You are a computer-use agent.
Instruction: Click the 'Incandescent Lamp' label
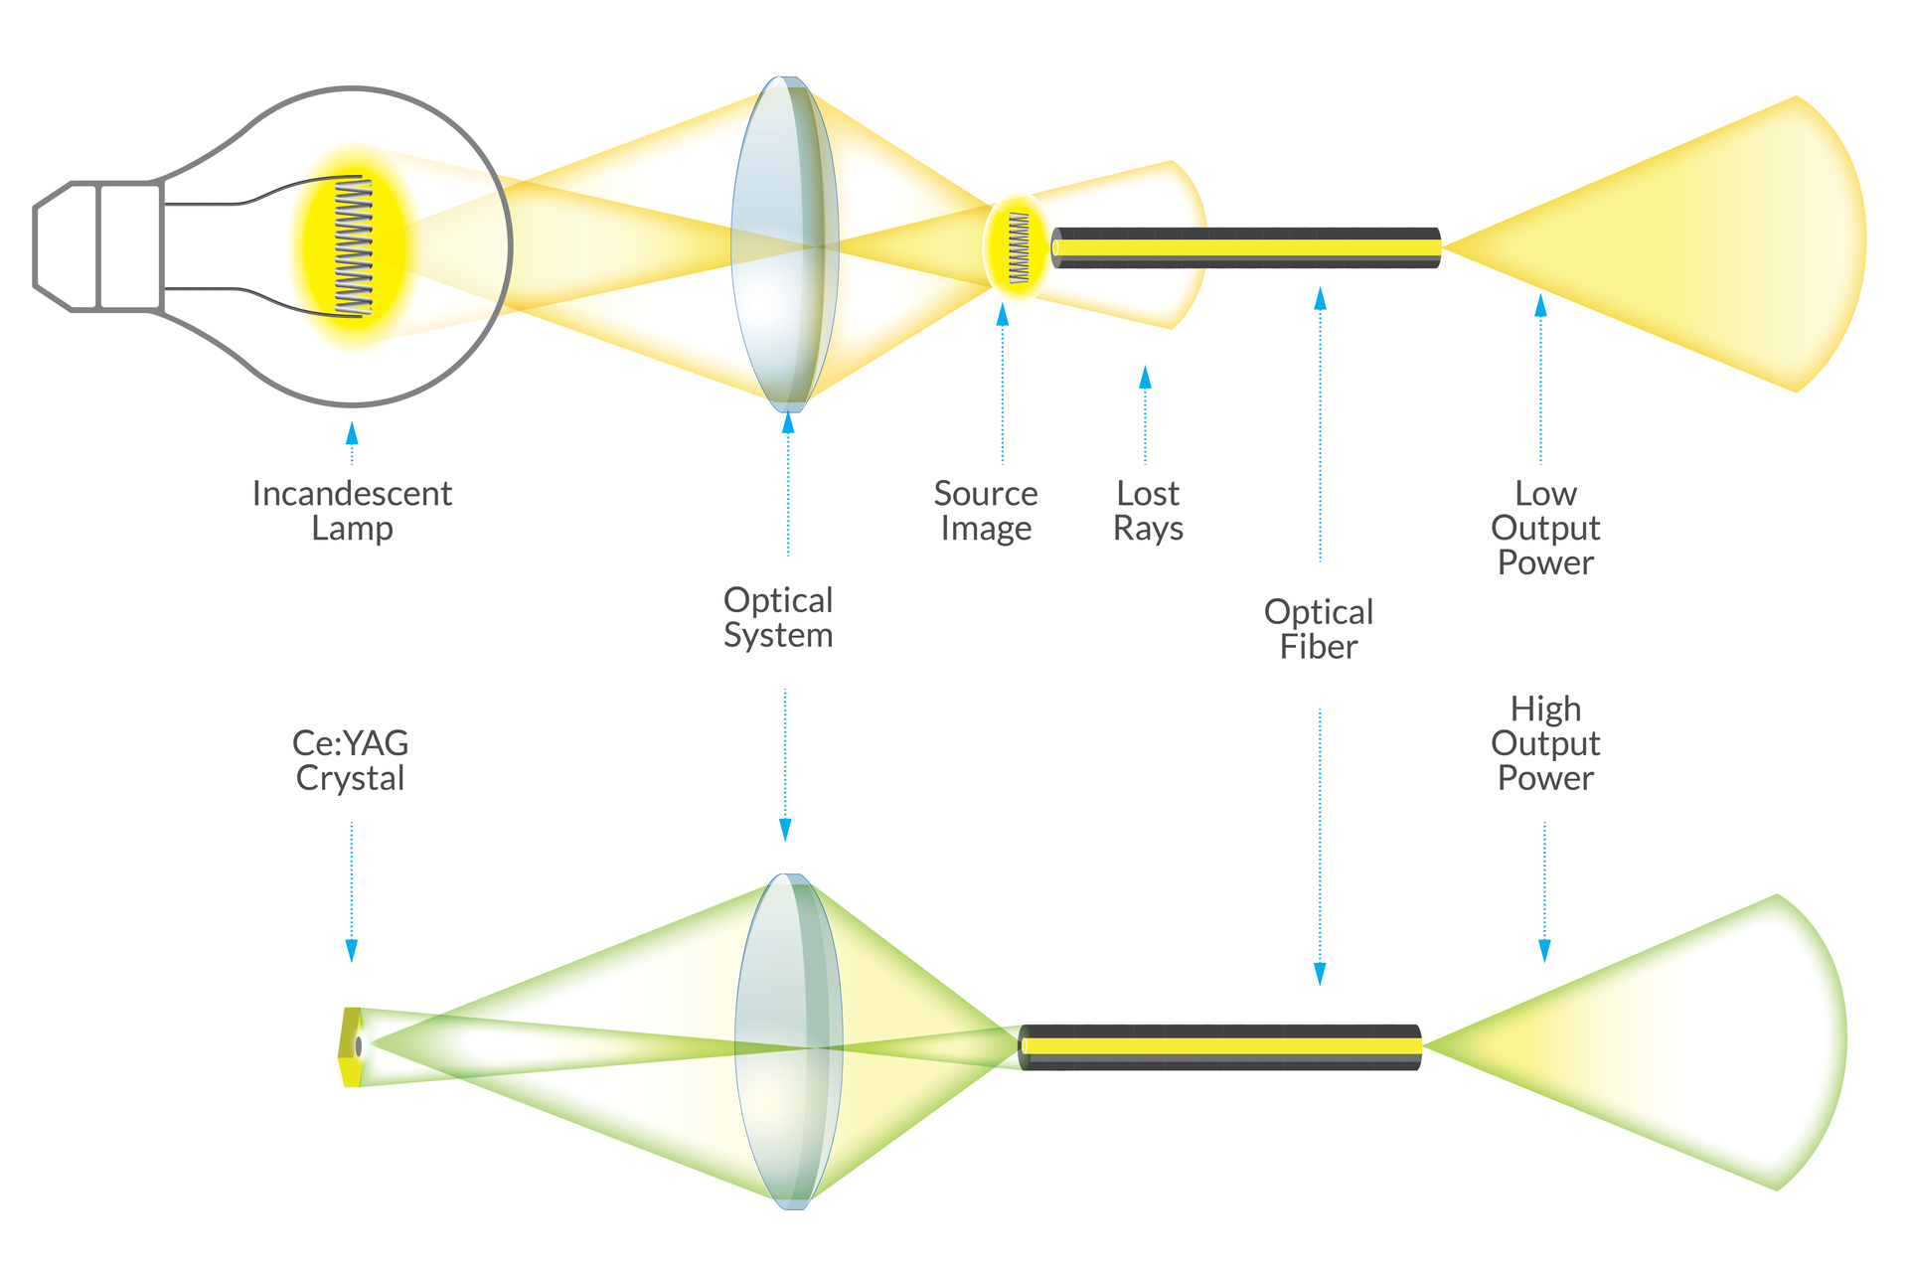click(x=352, y=510)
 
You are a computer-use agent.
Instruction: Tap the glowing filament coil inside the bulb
click(x=353, y=246)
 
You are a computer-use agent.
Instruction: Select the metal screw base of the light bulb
click(x=97, y=246)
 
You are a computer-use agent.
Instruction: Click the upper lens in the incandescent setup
click(x=784, y=243)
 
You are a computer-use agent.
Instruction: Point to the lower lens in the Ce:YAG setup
click(x=788, y=1041)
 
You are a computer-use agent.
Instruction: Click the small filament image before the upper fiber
click(x=1019, y=247)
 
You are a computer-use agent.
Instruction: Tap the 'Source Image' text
click(x=985, y=510)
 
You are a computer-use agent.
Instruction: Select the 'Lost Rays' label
click(x=1148, y=510)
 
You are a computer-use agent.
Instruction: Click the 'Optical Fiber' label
click(x=1319, y=629)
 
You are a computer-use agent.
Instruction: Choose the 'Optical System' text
click(x=778, y=617)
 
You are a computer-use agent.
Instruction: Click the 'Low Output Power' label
click(x=1545, y=528)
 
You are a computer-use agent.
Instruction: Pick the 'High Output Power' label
click(x=1545, y=743)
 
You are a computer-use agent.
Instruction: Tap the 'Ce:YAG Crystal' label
click(x=351, y=760)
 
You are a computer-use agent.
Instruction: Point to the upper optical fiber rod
click(x=1246, y=247)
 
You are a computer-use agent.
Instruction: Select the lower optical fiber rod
click(x=1220, y=1046)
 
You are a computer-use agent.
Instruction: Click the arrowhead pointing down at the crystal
click(x=351, y=950)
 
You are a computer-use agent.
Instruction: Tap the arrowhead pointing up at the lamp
click(x=351, y=434)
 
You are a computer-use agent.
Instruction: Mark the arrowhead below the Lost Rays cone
click(x=1145, y=377)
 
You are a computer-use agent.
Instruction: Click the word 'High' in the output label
click(x=1545, y=710)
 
